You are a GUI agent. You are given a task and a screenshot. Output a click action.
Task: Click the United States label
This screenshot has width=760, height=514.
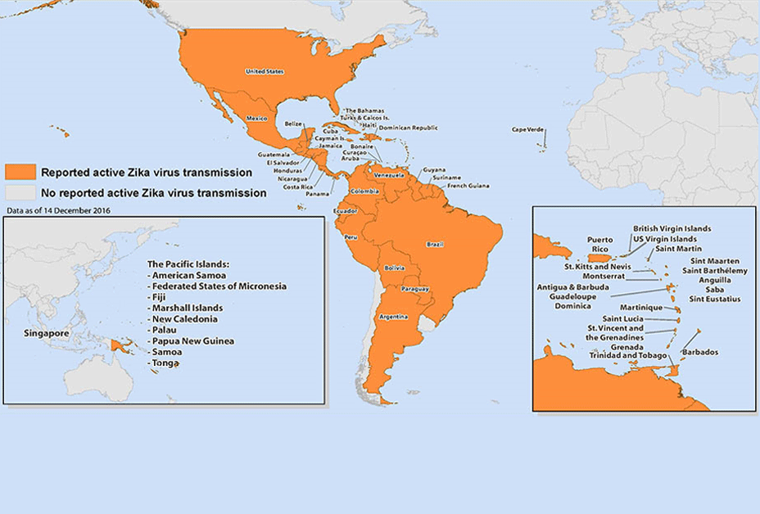point(265,72)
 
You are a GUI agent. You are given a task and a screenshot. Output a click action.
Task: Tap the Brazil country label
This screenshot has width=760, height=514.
point(435,244)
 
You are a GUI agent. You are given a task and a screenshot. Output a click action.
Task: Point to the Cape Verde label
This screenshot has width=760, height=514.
point(528,129)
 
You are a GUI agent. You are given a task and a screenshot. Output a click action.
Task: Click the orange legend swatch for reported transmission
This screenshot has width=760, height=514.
point(20,172)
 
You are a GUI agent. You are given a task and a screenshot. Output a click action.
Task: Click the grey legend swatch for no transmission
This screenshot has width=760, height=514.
point(20,193)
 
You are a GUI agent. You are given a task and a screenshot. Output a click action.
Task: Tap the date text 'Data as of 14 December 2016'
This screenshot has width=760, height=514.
point(59,210)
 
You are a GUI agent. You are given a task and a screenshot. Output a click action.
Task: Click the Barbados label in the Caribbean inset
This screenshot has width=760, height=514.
point(700,352)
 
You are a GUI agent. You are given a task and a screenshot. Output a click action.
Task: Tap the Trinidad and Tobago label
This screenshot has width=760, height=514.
point(628,356)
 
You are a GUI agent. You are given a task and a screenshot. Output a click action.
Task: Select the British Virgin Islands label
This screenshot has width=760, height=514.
point(672,228)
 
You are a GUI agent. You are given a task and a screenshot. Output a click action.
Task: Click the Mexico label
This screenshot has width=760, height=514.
point(257,119)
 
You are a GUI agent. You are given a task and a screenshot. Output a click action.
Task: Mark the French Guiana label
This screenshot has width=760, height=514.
point(468,186)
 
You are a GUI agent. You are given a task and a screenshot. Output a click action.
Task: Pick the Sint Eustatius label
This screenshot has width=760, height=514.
point(714,300)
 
